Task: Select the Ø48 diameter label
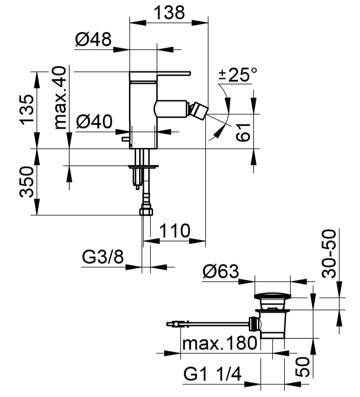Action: (92, 41)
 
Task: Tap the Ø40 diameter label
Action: (94, 121)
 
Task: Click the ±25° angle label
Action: (238, 75)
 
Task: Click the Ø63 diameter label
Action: (220, 272)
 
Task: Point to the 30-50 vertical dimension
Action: (330, 253)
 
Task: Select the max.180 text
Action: (219, 343)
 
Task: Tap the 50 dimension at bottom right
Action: (304, 366)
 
